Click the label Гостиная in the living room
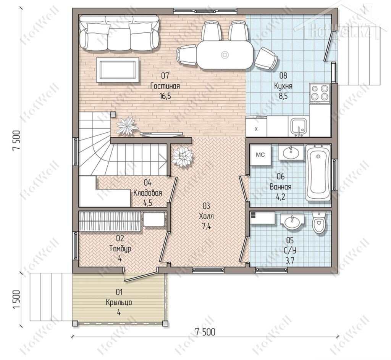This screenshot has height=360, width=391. pos(165,86)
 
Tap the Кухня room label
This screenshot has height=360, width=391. pos(283,86)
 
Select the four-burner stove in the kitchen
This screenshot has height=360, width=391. pos(320,93)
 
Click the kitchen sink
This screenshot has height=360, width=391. pos(299,127)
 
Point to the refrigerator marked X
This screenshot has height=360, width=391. pos(256,127)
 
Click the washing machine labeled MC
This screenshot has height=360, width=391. pos(260,155)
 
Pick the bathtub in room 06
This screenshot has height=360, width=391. pos(318,172)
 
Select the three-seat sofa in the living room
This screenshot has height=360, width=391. pos(119,33)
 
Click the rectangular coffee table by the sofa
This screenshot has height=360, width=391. pos(118,70)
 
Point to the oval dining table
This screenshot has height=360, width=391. pos(225,55)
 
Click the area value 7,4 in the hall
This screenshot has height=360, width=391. pos(206,227)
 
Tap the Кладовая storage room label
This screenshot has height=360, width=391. pos(148,193)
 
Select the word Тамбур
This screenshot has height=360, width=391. pos(120,249)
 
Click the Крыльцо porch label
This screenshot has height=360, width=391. pos(119,302)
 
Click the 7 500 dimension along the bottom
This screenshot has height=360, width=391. pos(205,332)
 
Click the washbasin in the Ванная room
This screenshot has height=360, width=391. pos(291,152)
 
